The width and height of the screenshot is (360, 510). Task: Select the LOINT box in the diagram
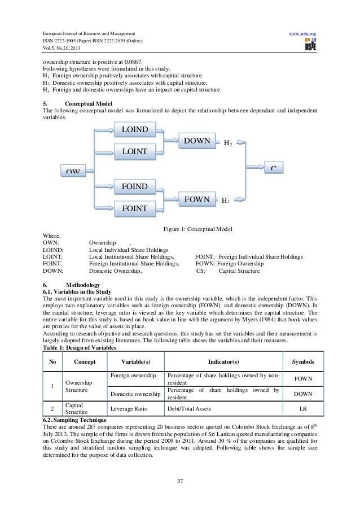[x=134, y=151]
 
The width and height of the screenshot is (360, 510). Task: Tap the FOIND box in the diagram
[x=134, y=186]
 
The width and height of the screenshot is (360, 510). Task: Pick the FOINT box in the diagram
[x=134, y=209]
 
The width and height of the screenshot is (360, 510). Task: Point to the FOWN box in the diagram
[x=197, y=199]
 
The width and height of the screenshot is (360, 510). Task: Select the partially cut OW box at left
[x=72, y=171]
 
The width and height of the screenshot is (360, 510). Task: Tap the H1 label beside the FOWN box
[x=225, y=200]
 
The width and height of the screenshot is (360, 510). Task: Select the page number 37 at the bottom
[x=179, y=480]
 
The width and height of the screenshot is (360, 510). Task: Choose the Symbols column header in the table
[x=303, y=361]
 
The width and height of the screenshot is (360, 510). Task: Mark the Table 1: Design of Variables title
[x=76, y=348]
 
